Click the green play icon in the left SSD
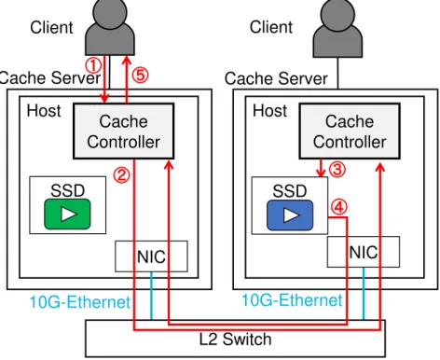(67, 215)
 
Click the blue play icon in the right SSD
(290, 215)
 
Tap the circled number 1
(93, 65)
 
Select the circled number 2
(121, 174)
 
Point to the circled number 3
(337, 170)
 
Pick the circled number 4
(339, 207)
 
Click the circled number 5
(141, 76)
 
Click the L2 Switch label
(235, 339)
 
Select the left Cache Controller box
(123, 131)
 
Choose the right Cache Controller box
(350, 131)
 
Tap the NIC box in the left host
(151, 256)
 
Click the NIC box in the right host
(364, 252)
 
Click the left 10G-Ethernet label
(80, 302)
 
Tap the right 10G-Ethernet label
(292, 300)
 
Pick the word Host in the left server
(44, 111)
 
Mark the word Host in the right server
(269, 111)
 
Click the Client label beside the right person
(271, 27)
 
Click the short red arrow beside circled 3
(321, 168)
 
